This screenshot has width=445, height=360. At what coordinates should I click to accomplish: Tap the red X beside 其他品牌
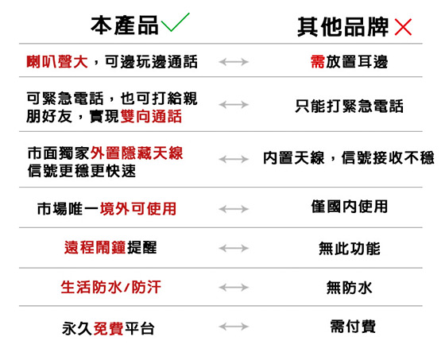tap(403, 27)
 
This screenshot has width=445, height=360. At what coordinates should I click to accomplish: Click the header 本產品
tap(125, 25)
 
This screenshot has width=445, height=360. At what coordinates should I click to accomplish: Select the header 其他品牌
tap(342, 27)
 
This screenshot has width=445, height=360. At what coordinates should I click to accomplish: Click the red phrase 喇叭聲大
tap(57, 62)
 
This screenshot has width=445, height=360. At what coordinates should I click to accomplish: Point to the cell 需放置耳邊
tap(349, 62)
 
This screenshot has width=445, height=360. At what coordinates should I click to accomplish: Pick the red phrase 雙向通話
tap(151, 116)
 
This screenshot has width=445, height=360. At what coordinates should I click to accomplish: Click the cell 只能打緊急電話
tap(349, 106)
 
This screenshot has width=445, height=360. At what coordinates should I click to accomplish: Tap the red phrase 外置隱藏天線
tap(137, 153)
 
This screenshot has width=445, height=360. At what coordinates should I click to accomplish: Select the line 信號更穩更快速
tap(82, 171)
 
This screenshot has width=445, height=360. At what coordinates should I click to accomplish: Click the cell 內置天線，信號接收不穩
tap(349, 158)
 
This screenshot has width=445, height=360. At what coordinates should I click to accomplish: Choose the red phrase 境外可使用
tap(138, 209)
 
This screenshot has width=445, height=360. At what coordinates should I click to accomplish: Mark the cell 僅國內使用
tap(350, 207)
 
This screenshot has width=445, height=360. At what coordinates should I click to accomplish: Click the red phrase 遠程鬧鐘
tap(95, 247)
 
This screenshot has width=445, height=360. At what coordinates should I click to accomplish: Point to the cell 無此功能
tap(350, 249)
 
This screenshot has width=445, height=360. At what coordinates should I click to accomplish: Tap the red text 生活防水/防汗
tap(110, 287)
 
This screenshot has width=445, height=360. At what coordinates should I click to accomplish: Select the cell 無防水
tap(349, 288)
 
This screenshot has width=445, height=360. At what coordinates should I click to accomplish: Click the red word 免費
tap(108, 329)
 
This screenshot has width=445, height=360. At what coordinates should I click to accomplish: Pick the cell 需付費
tap(353, 326)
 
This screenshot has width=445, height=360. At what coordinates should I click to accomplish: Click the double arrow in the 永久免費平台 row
tap(234, 327)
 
